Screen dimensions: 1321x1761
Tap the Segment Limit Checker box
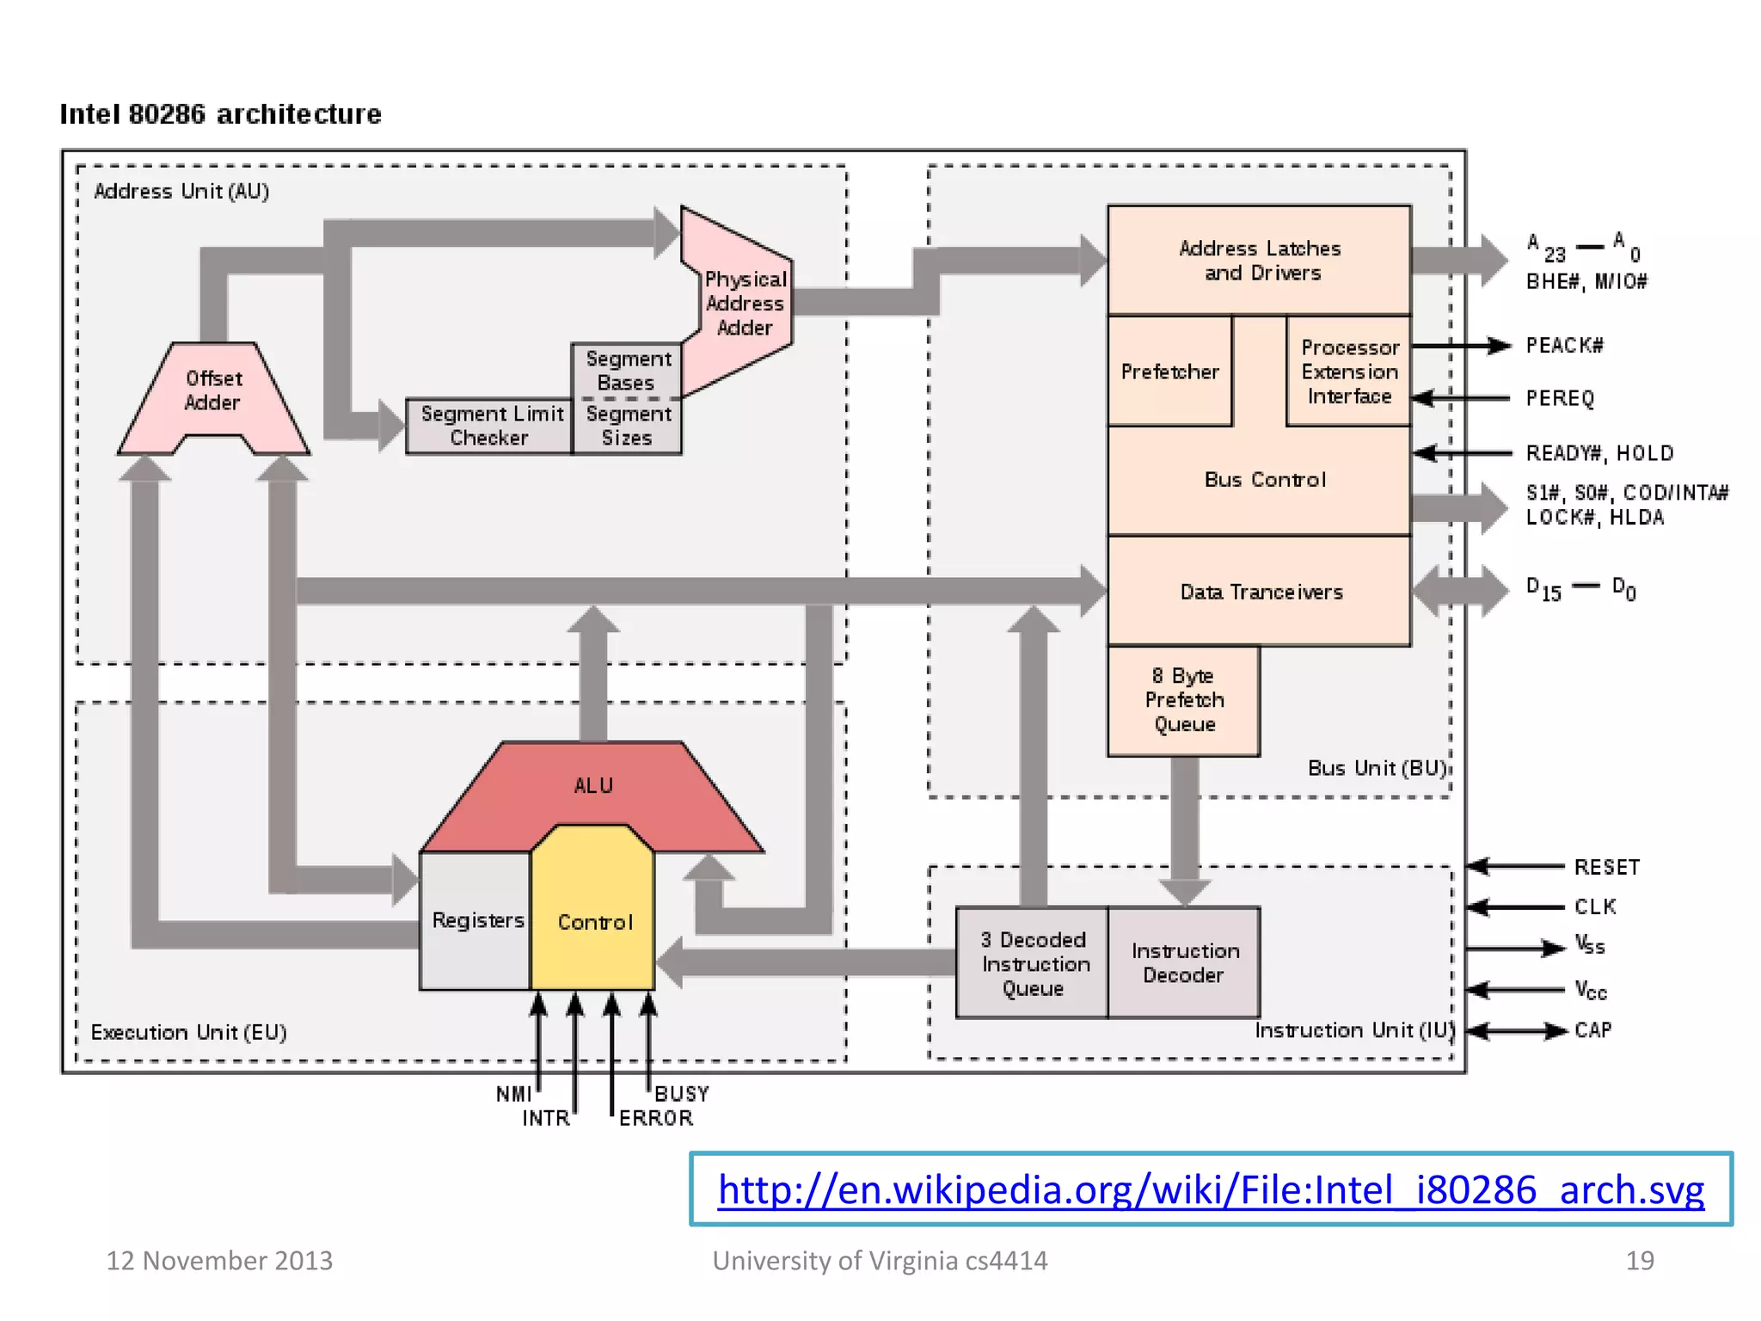pos(490,426)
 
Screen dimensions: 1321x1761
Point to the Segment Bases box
pos(627,371)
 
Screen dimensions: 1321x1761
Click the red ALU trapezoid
pos(593,784)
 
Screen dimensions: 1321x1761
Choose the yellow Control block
pos(593,922)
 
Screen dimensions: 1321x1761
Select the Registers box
pos(476,920)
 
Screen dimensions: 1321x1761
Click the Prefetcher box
pos(1169,372)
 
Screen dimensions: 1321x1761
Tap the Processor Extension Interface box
pos(1348,372)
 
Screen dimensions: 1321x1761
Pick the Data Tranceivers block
pos(1260,592)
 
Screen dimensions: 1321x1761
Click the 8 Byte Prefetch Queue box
pos(1184,700)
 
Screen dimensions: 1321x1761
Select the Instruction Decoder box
pos(1184,963)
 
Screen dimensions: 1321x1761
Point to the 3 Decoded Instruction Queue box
pos(1034,963)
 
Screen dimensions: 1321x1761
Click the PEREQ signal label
pos(1560,398)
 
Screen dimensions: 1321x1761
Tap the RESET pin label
pos(1606,867)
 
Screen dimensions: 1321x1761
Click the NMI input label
pos(513,1094)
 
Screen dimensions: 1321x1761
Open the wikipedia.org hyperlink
pos(1211,1190)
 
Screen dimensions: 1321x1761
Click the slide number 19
pos(1639,1260)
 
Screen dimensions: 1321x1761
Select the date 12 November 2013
pos(219,1260)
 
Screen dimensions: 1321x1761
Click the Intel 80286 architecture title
pos(220,114)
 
